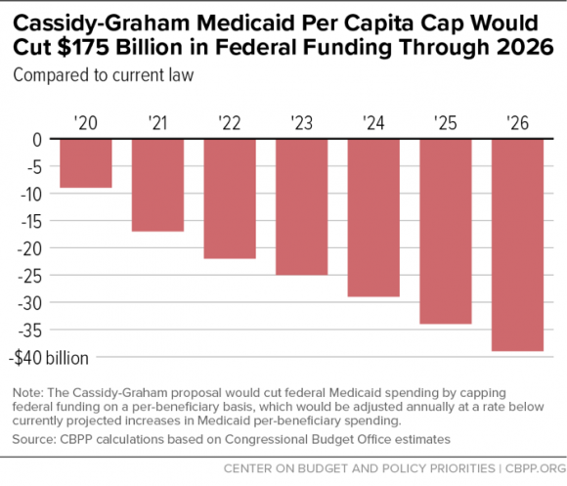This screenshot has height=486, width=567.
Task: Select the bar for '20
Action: tap(86, 163)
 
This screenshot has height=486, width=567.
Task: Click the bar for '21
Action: tap(157, 185)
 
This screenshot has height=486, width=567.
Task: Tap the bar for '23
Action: tap(301, 207)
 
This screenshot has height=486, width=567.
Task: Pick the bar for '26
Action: tap(517, 245)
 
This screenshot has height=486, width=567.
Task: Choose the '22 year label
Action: tap(230, 123)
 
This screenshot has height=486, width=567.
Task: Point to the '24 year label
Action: tap(373, 123)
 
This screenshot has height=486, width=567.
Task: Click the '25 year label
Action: tap(445, 123)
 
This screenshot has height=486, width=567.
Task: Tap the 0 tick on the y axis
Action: tap(37, 140)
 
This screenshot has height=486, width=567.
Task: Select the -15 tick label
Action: tap(31, 221)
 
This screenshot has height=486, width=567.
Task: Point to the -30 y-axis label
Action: tap(30, 303)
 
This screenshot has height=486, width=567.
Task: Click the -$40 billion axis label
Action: tap(49, 358)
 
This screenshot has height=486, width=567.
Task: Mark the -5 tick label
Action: tap(34, 167)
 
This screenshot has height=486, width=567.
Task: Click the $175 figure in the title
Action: tap(83, 47)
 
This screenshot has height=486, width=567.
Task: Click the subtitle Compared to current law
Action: tap(104, 75)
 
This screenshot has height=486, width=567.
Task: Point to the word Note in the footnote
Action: tap(27, 393)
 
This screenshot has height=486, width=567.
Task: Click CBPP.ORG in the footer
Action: tap(536, 468)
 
